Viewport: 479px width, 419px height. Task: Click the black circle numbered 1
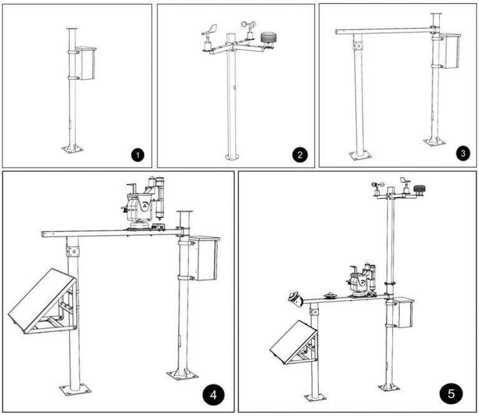137,154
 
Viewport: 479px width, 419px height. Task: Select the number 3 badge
462,153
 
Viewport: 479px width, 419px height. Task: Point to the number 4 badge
213,394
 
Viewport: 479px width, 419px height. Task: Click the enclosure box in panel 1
87,64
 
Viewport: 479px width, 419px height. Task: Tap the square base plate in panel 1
72,148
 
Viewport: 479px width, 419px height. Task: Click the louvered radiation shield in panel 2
269,39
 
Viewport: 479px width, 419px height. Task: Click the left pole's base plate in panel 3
360,154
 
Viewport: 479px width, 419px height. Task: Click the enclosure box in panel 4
203,259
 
